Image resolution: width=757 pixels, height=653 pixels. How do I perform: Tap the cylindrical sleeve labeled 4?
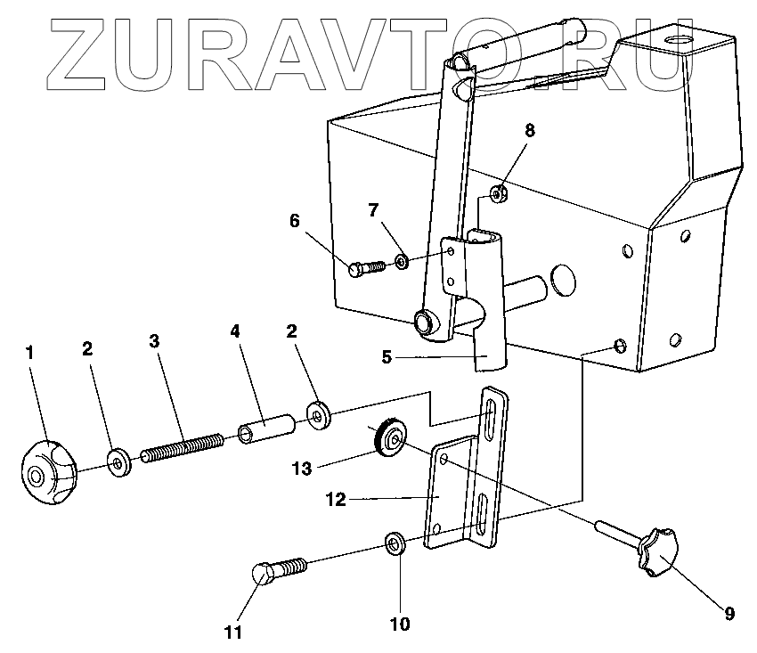(266, 425)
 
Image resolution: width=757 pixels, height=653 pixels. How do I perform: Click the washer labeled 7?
(401, 261)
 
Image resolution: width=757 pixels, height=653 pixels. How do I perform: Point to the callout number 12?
(335, 501)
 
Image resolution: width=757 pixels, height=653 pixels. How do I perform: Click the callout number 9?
(729, 612)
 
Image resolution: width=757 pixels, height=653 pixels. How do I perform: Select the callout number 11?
(233, 633)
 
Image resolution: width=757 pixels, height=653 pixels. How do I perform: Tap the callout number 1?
(29, 353)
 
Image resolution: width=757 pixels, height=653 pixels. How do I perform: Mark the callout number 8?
(529, 130)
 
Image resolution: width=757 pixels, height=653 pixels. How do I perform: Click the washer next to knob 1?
(118, 462)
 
